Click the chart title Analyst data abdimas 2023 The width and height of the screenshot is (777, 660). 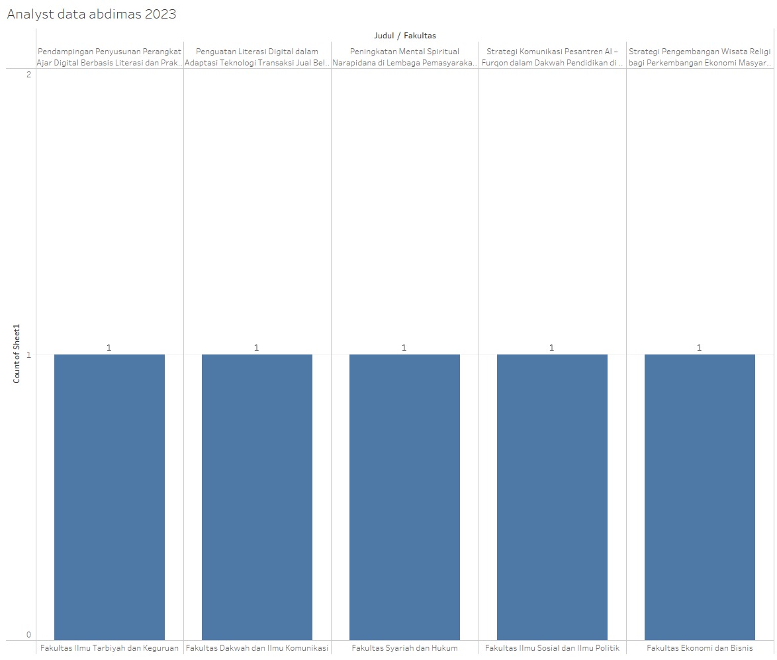coord(91,15)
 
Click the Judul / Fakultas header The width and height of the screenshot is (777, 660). coord(404,36)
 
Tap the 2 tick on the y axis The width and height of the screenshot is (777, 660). coord(28,74)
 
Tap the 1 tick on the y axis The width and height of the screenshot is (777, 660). coord(28,355)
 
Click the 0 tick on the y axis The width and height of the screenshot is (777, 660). coord(28,635)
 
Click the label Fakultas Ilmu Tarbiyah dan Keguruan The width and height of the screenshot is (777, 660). coord(109,648)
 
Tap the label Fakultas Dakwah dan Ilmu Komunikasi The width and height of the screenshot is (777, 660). coord(257,648)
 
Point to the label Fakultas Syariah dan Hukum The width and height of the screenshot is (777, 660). coord(404,648)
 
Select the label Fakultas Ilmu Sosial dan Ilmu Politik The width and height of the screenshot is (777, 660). coord(552,648)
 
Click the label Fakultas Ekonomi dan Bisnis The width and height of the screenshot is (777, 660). coord(700,648)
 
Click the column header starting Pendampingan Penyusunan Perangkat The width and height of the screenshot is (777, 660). coord(109,57)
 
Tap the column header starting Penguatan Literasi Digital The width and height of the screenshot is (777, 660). coord(257,57)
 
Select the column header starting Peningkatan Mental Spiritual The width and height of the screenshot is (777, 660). coord(404,57)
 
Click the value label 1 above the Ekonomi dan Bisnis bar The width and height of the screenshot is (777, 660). coord(699,347)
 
